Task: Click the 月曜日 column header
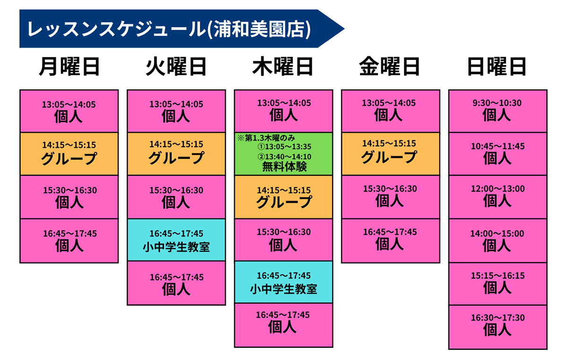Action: tap(69, 67)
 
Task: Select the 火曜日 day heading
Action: tap(176, 67)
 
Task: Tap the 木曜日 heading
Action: tap(283, 67)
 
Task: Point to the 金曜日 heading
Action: tap(389, 67)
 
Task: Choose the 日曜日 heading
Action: tap(497, 67)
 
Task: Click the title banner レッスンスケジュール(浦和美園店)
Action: tap(182, 29)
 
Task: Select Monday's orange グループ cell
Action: tap(69, 154)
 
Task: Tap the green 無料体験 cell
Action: tap(283, 154)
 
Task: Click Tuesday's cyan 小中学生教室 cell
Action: tap(176, 240)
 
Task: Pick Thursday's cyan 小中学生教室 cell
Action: tap(283, 282)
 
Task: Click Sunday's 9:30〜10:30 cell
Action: tap(498, 111)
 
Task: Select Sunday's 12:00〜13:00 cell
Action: tap(498, 197)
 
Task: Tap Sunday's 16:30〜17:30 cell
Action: tap(498, 327)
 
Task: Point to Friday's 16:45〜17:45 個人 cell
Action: tap(391, 241)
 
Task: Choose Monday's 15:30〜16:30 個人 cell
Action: tap(69, 197)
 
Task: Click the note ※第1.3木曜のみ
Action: tap(266, 138)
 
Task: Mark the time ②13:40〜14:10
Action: tap(284, 157)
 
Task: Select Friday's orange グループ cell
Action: tap(391, 154)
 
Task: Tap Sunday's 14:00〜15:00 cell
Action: tap(498, 241)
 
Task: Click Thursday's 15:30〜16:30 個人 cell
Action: tap(283, 240)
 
